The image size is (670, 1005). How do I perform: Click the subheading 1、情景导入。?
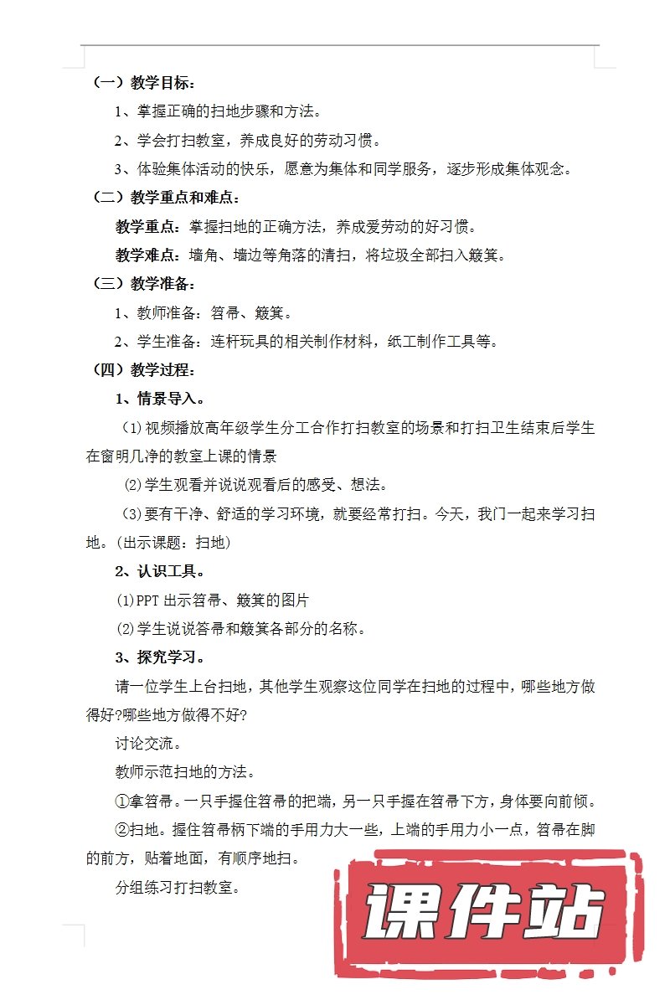click(159, 398)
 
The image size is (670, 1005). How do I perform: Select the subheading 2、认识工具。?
click(159, 571)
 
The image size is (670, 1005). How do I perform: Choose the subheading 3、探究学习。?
click(159, 657)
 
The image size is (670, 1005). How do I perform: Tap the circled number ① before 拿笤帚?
click(121, 801)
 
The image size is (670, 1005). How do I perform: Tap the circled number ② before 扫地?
click(121, 830)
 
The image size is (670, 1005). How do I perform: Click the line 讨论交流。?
click(148, 743)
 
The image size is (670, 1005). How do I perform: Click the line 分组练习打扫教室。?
click(178, 887)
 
